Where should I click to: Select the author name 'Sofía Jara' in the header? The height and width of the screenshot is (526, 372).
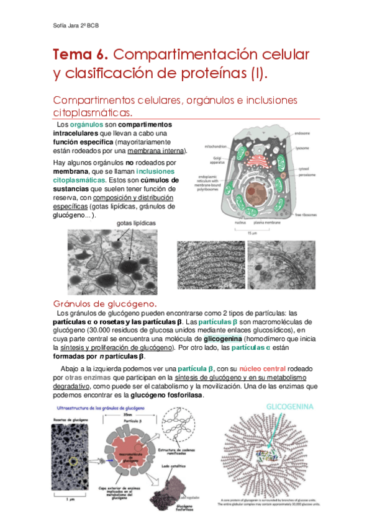pos(64,25)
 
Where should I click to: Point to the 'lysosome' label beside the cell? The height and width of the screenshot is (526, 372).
pos(303,149)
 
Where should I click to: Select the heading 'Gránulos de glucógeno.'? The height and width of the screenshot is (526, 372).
pos(105,303)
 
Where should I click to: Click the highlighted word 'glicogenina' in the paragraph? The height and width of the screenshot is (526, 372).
pos(222,340)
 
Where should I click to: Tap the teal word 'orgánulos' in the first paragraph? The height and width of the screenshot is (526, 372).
pos(86,125)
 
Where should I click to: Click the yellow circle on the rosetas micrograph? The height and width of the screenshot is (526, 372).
pos(75,461)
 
